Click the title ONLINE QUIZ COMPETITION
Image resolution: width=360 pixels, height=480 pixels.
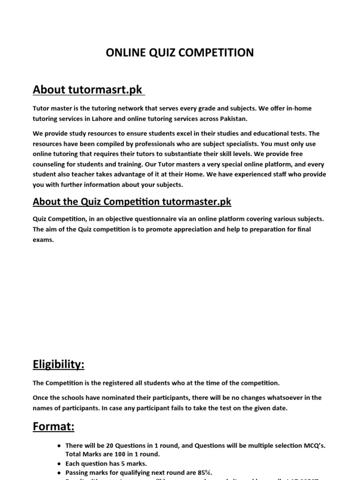pos(180,53)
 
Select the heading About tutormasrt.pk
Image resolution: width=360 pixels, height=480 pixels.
pos(88,89)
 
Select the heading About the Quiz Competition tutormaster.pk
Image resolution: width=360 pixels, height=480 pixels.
pos(132,202)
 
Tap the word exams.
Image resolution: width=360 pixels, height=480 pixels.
pos(43,240)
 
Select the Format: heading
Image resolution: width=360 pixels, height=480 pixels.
pos(54,427)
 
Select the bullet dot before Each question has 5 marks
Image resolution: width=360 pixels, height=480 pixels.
pos(58,463)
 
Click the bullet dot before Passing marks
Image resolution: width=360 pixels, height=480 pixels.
pos(58,472)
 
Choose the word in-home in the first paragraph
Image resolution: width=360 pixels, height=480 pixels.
pos(297,108)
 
